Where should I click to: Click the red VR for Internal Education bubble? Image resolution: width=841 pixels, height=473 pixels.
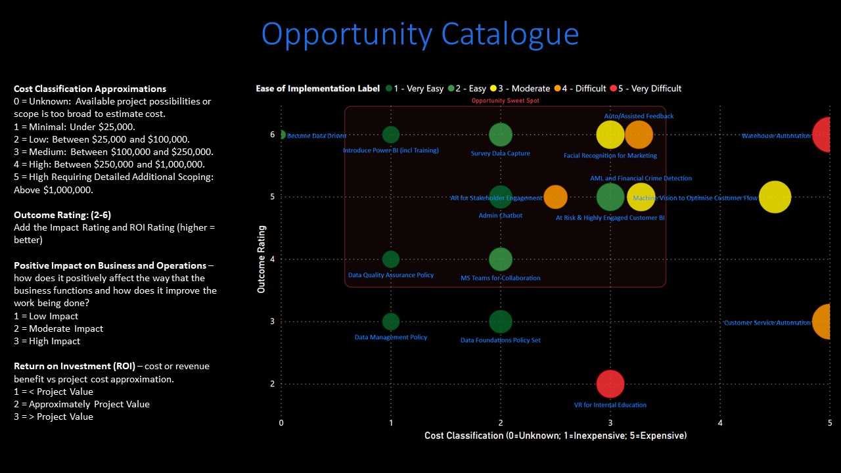pyautogui.click(x=610, y=384)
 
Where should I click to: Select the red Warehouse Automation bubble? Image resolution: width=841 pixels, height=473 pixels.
pyautogui.click(x=825, y=135)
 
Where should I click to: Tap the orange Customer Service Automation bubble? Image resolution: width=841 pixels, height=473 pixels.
pyautogui.click(x=826, y=322)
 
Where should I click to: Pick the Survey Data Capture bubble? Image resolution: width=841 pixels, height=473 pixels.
pyautogui.click(x=501, y=135)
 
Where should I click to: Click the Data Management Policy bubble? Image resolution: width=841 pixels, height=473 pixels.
pyautogui.click(x=391, y=322)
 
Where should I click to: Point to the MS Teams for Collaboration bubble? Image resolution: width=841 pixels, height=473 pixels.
pyautogui.click(x=501, y=259)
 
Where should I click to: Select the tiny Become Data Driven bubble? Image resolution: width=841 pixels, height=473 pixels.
pyautogui.click(x=282, y=135)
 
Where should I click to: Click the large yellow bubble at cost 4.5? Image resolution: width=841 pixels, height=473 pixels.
pyautogui.click(x=775, y=197)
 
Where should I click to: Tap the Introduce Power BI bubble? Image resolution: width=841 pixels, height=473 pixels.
pyautogui.click(x=391, y=135)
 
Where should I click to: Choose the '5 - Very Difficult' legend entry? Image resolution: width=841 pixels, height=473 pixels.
pyautogui.click(x=645, y=89)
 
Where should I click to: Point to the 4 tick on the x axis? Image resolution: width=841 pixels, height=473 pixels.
pyautogui.click(x=720, y=422)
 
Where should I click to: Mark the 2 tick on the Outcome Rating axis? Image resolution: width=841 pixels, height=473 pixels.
pyautogui.click(x=273, y=384)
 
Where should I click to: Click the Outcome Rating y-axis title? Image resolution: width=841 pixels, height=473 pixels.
pyautogui.click(x=261, y=259)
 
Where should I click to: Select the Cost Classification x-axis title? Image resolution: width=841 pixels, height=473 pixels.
pyautogui.click(x=555, y=436)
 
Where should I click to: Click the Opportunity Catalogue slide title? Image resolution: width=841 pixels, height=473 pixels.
pyautogui.click(x=420, y=34)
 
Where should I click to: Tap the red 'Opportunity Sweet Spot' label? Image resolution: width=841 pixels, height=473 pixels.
pyautogui.click(x=505, y=101)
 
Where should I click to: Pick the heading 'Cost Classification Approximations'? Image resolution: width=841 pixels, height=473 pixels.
pyautogui.click(x=90, y=89)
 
